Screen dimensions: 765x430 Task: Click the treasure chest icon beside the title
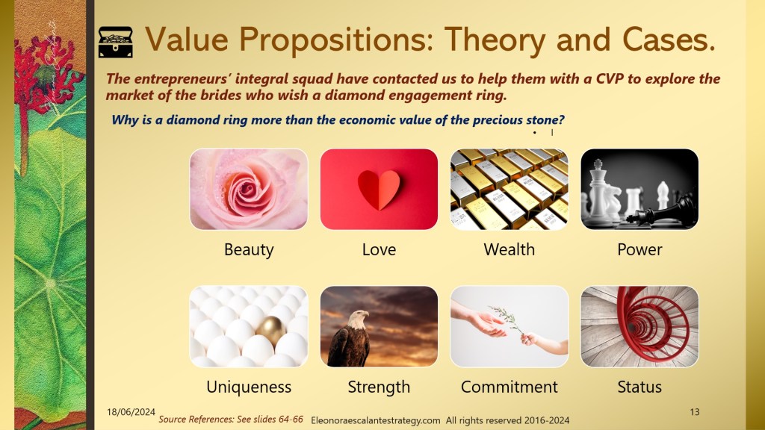tap(116, 43)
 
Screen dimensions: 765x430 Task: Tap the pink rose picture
tap(249, 189)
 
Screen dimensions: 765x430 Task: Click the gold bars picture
tap(510, 189)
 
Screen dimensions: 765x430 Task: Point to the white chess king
tap(598, 190)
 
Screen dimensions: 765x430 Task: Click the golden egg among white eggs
tap(271, 331)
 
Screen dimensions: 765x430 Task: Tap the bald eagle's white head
tap(359, 318)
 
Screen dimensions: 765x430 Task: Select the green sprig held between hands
tap(507, 320)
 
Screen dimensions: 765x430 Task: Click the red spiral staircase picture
tap(639, 326)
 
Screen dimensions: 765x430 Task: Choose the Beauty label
tap(249, 249)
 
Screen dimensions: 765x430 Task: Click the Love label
tap(379, 249)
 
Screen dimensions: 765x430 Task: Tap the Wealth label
tap(510, 249)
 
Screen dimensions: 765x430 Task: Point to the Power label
tap(639, 249)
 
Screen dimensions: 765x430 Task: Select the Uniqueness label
tap(249, 387)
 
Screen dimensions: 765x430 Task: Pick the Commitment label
tap(510, 387)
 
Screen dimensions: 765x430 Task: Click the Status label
tap(639, 387)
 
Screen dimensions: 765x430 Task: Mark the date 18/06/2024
tap(131, 412)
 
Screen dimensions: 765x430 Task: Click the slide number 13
tap(695, 412)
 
